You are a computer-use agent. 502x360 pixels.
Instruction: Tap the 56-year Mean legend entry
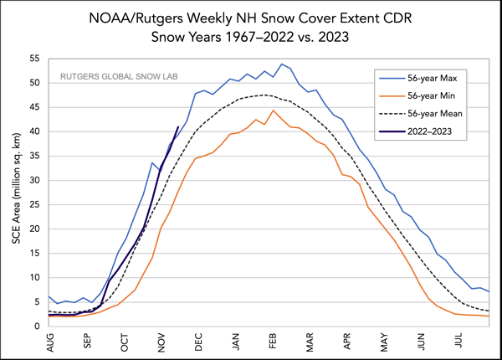435,114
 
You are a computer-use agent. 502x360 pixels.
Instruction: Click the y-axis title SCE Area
16,193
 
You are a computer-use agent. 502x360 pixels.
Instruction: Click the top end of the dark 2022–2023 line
177,127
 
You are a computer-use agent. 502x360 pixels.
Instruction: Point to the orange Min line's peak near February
273,111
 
